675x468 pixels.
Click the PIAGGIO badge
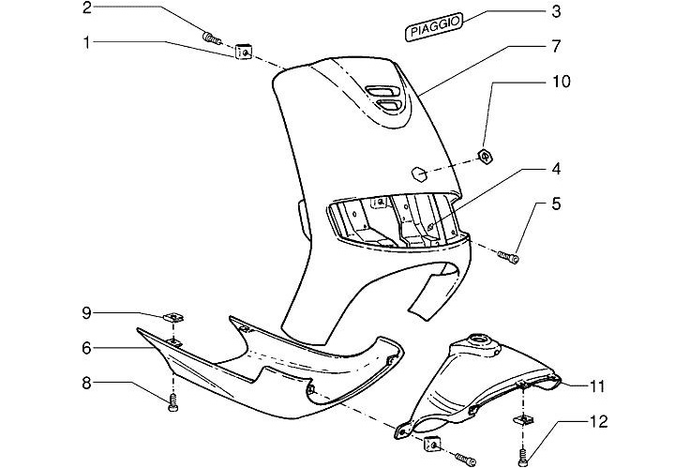click(x=435, y=28)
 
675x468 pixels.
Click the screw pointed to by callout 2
click(x=211, y=38)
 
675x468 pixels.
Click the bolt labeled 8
click(x=172, y=404)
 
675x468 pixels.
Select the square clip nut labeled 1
click(x=243, y=52)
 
